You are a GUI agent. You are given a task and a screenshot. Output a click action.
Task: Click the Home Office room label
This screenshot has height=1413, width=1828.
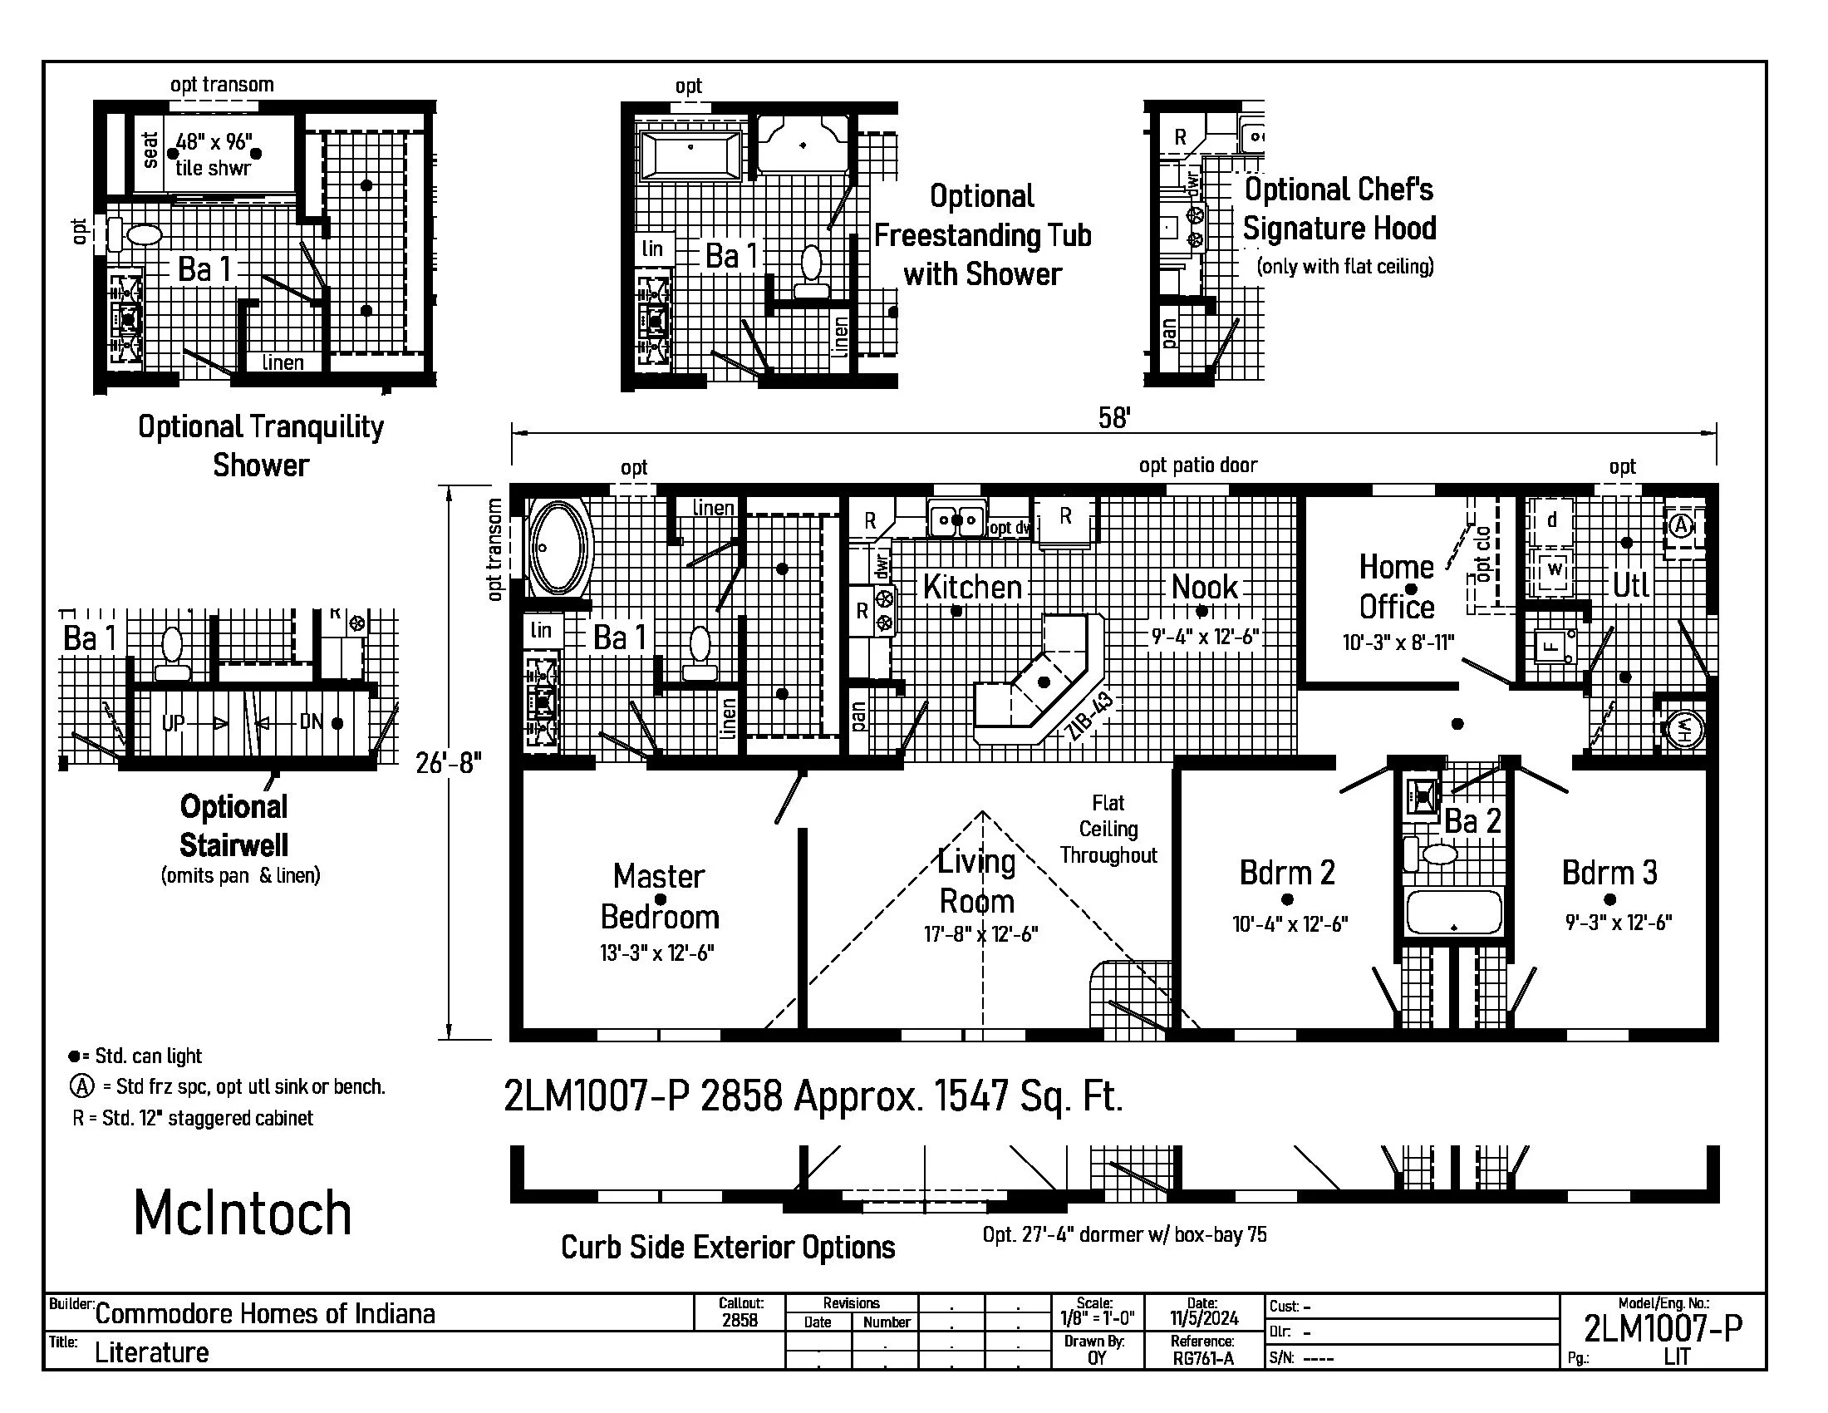pos(1396,587)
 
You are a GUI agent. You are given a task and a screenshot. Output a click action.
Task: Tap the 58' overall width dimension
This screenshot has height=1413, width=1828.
pos(1114,418)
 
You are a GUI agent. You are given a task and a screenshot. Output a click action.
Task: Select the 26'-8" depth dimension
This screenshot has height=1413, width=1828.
pos(449,762)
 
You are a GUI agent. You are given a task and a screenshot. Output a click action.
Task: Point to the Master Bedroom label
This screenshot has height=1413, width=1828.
pos(660,897)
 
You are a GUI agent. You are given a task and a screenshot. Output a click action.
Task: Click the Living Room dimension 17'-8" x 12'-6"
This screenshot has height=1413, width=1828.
pos(981,933)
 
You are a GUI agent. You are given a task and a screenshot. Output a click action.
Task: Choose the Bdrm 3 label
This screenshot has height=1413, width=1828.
pos(1609,872)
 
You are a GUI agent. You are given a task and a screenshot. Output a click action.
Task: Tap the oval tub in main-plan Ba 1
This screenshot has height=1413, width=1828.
pos(558,549)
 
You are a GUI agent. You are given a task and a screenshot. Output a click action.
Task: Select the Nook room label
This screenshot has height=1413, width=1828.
pos(1204,587)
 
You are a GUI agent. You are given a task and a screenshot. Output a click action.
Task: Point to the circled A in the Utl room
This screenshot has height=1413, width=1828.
pos(1681,525)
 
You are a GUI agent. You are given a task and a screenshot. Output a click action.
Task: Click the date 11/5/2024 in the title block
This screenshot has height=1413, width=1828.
pos(1204,1317)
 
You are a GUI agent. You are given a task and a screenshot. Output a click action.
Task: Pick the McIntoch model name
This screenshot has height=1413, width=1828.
pos(243,1213)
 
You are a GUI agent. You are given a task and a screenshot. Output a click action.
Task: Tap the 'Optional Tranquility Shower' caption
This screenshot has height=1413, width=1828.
pos(260,446)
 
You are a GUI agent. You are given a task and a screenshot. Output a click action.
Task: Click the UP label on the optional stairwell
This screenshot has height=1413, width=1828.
pos(174,722)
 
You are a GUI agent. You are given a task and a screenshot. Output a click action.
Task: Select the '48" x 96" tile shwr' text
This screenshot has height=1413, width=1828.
pos(214,155)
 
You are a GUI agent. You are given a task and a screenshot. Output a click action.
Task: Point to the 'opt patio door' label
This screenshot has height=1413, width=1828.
pos(1197,465)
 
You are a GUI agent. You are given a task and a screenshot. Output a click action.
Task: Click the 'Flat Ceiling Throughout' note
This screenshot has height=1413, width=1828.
pos(1108,829)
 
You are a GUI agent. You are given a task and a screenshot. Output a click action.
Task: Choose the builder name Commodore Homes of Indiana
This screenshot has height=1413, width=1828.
pos(264,1313)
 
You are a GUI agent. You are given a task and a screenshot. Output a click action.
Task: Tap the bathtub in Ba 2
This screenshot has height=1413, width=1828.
pos(1455,912)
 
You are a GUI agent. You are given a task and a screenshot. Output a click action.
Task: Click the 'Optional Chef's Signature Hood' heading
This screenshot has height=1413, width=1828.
pos(1339,209)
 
